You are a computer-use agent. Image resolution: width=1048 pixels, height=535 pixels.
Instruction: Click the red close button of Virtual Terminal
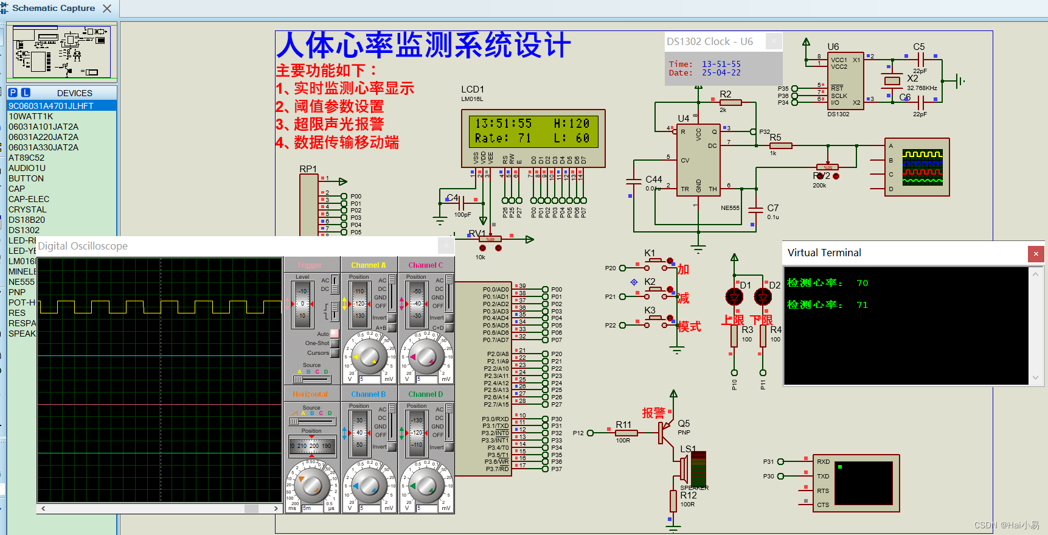[x=1036, y=253]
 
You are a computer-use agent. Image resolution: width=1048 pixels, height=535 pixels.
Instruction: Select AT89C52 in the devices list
[x=26, y=158]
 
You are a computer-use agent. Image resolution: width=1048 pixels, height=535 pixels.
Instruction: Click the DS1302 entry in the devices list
[x=24, y=230]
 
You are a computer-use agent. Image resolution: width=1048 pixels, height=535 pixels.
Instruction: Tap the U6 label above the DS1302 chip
[x=833, y=47]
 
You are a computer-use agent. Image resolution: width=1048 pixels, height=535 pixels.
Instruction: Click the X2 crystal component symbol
[x=892, y=81]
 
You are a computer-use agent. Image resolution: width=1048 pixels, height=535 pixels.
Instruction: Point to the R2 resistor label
[x=725, y=94]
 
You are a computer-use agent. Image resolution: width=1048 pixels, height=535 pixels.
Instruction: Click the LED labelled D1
[x=734, y=296]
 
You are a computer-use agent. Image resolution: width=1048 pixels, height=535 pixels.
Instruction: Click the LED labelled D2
[x=763, y=296]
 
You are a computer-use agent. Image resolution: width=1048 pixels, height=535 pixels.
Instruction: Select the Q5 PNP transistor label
[x=684, y=424]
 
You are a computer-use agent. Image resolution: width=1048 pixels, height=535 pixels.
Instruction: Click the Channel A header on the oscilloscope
[x=369, y=265]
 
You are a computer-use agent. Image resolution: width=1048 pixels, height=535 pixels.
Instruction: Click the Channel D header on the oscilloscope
[x=426, y=394]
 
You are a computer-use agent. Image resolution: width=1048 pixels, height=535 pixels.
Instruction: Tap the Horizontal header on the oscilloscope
[x=310, y=394]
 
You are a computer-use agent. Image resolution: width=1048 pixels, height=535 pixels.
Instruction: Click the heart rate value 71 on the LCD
[x=524, y=138]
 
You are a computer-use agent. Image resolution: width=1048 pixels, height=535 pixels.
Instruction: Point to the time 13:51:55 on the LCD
[x=503, y=124]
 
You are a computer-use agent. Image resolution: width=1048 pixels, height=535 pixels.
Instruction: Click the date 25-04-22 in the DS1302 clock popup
[x=721, y=73]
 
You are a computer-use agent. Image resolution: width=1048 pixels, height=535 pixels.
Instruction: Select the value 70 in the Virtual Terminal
[x=862, y=283]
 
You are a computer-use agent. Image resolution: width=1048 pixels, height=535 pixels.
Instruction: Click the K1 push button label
[x=650, y=253]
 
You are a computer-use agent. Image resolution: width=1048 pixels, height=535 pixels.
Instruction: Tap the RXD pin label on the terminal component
[x=823, y=461]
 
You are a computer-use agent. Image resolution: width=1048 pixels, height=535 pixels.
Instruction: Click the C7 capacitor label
[x=772, y=208]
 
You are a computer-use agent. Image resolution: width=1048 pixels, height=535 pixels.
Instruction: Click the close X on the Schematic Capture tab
[x=107, y=9]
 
